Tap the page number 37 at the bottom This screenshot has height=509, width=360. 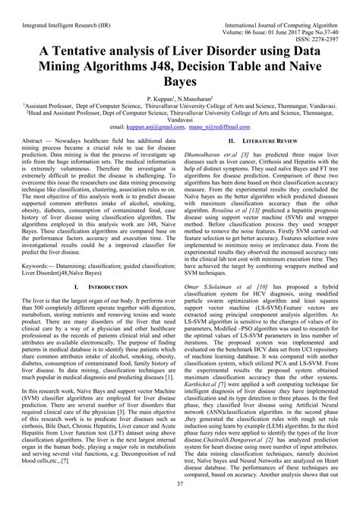pos(179,502)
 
